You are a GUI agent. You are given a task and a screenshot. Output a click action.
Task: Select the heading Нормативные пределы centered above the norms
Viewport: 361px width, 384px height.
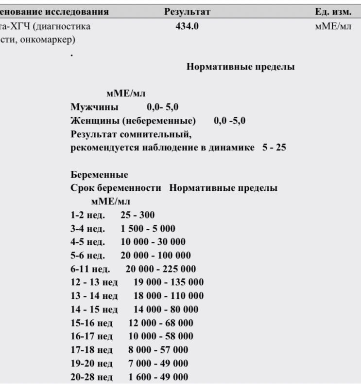240,67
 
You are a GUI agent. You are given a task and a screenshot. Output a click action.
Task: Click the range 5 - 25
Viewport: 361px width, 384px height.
274,147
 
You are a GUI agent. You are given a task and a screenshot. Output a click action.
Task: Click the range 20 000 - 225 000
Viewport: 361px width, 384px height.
160,269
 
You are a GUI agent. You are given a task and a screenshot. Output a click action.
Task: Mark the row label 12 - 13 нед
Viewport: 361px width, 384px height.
94,282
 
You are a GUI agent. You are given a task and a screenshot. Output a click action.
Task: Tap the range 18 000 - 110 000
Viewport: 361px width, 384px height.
169,295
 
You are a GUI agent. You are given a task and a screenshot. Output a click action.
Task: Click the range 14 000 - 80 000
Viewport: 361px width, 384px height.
166,309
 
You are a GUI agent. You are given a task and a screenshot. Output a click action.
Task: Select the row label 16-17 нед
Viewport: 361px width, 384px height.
91,336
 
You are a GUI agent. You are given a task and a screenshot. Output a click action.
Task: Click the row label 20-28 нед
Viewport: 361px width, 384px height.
91,377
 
